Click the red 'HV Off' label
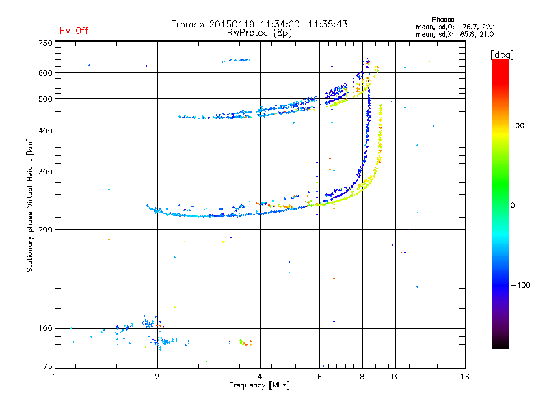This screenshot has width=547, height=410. pos(74,31)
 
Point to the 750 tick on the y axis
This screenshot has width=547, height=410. pos(45,43)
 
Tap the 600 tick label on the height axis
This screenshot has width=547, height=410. pos(45,73)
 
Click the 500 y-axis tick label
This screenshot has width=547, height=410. pos(45,99)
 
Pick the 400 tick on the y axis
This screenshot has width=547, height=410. pos(45,131)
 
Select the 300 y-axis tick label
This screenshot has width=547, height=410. pos(45,172)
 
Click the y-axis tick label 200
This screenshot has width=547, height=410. pos(45,230)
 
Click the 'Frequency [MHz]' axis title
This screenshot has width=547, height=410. pos(260,386)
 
